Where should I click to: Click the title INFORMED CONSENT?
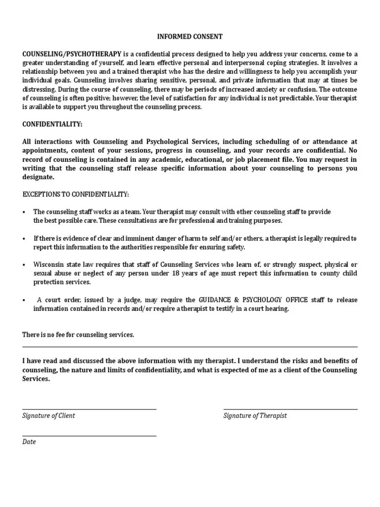point(190,37)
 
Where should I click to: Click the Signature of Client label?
point(48,416)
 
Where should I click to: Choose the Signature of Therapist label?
point(255,416)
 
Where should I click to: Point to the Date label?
point(29,442)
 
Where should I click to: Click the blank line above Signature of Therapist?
point(290,409)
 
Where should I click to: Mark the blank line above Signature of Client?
point(89,409)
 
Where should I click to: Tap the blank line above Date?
point(89,436)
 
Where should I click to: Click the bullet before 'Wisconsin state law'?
point(24,265)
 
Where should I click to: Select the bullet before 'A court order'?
point(24,301)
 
